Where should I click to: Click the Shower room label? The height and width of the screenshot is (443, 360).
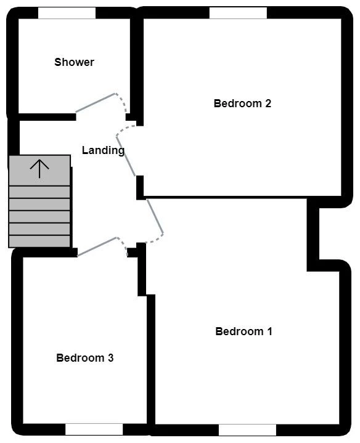click(x=74, y=62)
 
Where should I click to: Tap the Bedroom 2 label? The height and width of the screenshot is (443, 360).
click(x=242, y=104)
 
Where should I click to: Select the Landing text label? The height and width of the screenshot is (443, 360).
click(x=103, y=150)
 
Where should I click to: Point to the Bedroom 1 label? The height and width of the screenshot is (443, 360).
click(x=243, y=331)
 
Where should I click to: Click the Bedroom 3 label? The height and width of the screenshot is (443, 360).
click(x=84, y=358)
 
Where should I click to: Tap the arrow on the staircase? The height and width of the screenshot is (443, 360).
click(x=39, y=168)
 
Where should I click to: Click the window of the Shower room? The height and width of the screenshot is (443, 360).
click(x=67, y=13)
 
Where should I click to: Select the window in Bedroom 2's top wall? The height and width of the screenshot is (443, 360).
click(x=238, y=13)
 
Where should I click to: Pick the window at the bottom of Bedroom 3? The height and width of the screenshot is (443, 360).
click(x=94, y=429)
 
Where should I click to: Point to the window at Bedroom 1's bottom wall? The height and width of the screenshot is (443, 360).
click(x=247, y=429)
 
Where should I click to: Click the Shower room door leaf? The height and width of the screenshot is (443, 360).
click(x=96, y=103)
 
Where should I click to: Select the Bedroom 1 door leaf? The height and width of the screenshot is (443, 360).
click(x=154, y=215)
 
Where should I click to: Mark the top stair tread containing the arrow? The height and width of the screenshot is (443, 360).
click(x=39, y=170)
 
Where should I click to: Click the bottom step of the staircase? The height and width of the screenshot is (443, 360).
click(x=39, y=241)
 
